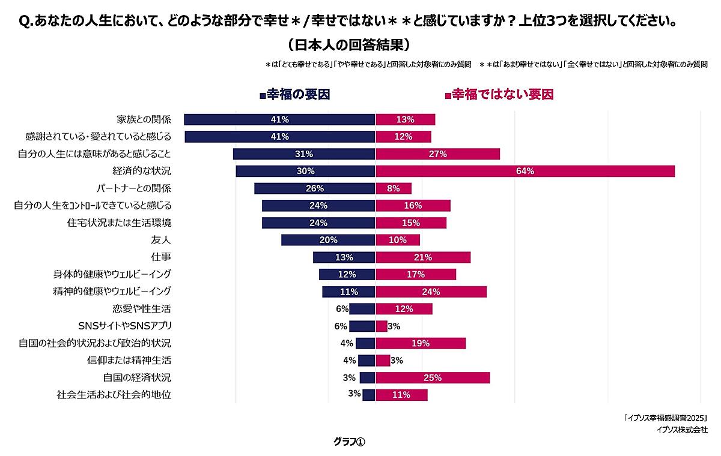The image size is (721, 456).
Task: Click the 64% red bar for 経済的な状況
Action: tap(525, 171)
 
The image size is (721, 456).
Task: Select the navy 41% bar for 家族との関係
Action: tap(279, 119)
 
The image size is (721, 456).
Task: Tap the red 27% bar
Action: tap(437, 154)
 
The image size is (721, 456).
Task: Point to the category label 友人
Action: tap(162, 240)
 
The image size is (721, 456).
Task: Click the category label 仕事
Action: tap(162, 257)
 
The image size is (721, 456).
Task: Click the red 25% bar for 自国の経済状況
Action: tap(433, 377)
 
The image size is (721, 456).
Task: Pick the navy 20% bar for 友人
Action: tap(328, 240)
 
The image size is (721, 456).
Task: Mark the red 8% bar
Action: tap(394, 188)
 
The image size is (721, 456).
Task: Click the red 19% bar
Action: tap(421, 343)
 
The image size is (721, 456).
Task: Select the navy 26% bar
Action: tap(314, 188)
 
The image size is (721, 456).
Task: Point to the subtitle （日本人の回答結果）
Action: tap(348, 45)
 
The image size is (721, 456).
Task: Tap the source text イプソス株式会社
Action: tap(682, 430)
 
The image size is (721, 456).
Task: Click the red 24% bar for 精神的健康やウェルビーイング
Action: tap(431, 292)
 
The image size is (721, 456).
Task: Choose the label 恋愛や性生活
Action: tap(142, 309)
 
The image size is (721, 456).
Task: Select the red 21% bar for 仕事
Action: tap(423, 257)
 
